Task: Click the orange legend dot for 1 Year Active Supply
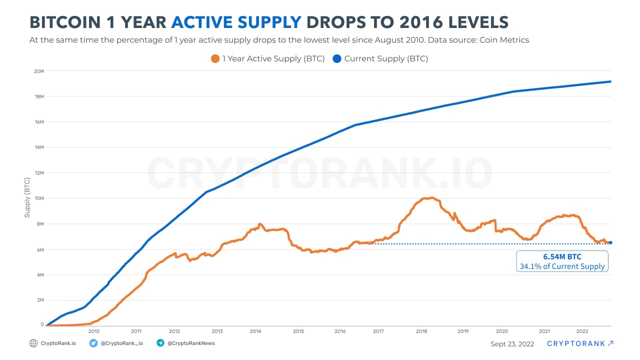215,58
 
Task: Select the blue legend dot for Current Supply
337,58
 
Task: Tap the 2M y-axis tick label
40,299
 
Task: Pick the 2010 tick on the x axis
93,331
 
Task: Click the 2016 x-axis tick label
340,331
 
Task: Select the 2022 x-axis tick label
582,331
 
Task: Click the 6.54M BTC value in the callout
562,257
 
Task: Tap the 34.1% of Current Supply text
562,266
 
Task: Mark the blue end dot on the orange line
610,242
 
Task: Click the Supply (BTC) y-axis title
27,198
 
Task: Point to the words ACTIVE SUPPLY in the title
236,22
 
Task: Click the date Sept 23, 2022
512,344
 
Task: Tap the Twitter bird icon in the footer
93,343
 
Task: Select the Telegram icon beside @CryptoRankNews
160,343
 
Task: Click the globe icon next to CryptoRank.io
33,343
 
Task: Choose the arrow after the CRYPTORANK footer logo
610,343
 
